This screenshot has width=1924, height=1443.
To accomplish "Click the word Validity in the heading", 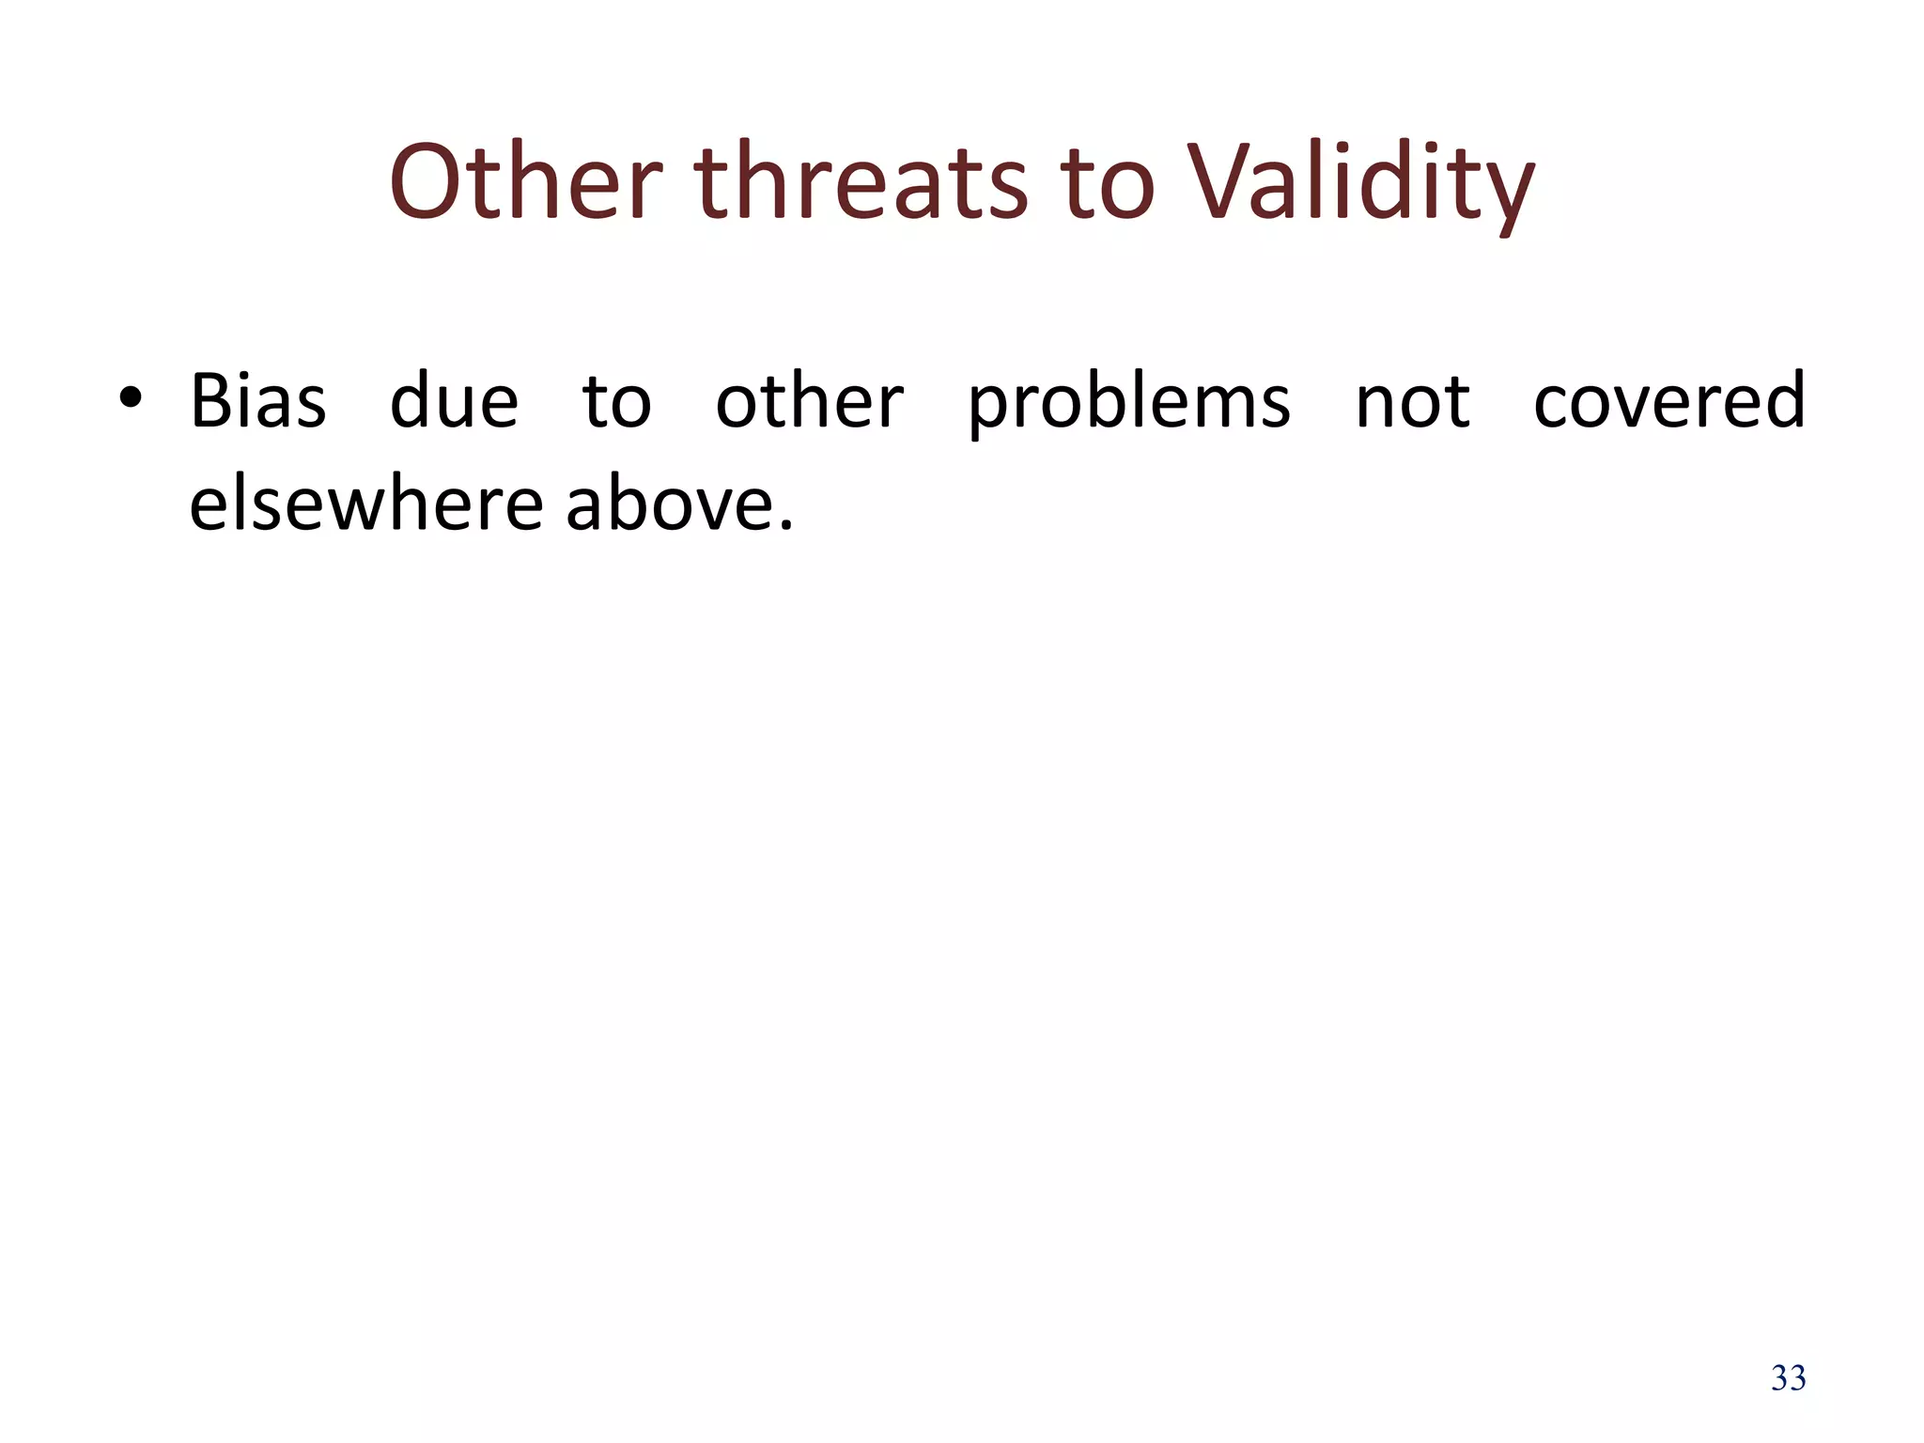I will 1359,183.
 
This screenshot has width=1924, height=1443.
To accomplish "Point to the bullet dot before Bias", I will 131,398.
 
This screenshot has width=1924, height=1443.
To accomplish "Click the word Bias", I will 258,401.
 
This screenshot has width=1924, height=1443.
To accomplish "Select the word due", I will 454,401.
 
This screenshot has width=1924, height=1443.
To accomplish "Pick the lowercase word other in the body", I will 809,401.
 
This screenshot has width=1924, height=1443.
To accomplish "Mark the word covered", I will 1668,401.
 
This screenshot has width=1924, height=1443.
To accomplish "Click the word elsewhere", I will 366,504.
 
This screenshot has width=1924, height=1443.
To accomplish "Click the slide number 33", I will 1788,1378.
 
